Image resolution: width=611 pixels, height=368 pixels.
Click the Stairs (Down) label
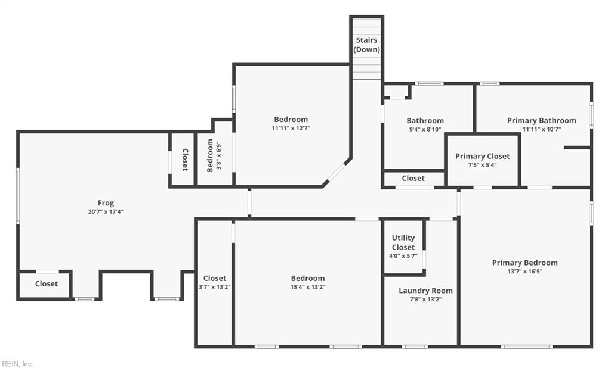pos(367,45)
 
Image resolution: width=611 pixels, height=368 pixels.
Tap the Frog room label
pos(106,202)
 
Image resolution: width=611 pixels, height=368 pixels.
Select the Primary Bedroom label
pos(525,263)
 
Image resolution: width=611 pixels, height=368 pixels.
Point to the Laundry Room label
pos(425,291)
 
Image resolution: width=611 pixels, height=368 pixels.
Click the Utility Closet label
pos(403,242)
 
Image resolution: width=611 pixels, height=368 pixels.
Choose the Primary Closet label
pos(482,156)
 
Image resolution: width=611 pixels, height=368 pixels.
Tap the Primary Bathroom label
pos(542,121)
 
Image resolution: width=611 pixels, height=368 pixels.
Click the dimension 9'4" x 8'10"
pos(425,130)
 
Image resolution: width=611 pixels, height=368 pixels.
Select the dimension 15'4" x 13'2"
pos(308,287)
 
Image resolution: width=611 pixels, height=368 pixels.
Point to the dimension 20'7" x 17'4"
pos(106,211)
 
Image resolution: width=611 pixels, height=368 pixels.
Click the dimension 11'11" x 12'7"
pos(291,128)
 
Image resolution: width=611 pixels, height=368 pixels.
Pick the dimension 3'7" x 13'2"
pos(215,287)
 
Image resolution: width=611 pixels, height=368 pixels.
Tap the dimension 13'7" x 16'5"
pos(525,272)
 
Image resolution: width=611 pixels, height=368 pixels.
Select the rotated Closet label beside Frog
pos(185,160)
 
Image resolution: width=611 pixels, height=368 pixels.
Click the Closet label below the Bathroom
pos(413,178)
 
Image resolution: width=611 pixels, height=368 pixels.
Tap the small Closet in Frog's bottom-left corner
pos(47,283)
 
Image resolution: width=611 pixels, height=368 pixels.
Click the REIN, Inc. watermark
pos(17,364)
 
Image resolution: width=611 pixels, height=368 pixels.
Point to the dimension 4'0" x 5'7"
pos(403,256)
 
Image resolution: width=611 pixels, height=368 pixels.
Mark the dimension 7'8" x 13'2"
pos(425,300)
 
